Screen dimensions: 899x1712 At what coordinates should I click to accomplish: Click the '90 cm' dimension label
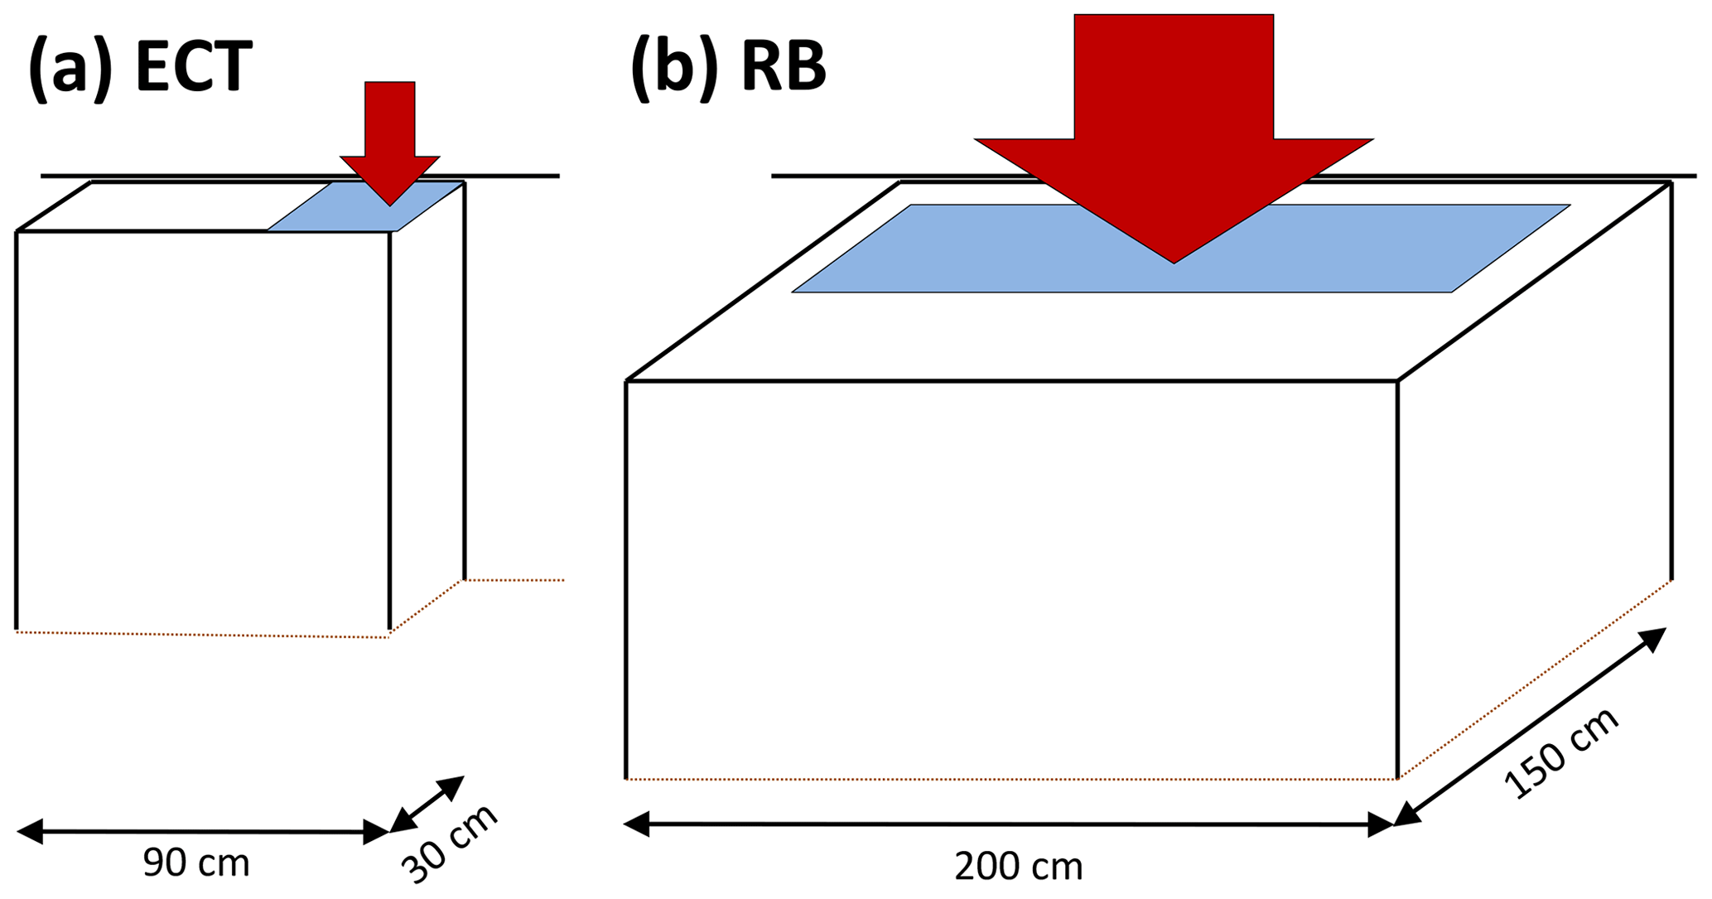click(196, 863)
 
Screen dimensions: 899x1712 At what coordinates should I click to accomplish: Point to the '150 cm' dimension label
click(1560, 754)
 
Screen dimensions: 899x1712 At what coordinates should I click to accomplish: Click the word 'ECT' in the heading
click(193, 66)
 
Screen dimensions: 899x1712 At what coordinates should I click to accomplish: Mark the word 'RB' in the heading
click(784, 66)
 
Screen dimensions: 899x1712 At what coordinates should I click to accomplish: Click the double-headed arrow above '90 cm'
click(203, 831)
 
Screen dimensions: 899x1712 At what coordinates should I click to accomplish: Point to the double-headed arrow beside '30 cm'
click(427, 804)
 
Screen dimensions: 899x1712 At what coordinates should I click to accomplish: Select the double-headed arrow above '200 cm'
click(1009, 824)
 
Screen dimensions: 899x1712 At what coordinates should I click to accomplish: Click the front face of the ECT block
click(203, 431)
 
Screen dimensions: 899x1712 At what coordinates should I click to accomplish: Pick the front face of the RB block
click(1010, 580)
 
